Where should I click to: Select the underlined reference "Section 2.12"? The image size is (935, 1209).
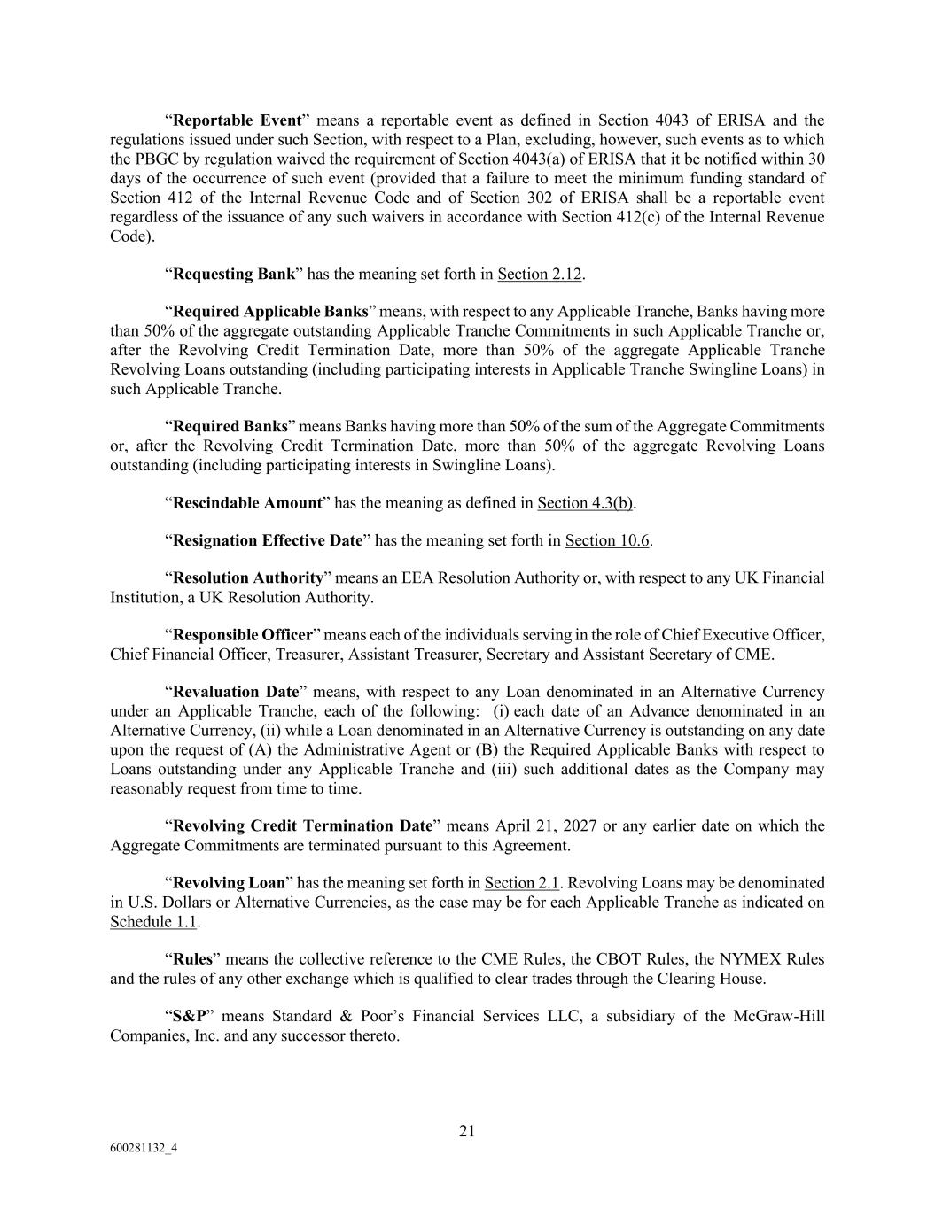(539, 274)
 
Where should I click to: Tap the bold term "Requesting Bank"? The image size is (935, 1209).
(233, 274)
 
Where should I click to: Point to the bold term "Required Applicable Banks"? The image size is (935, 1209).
(269, 312)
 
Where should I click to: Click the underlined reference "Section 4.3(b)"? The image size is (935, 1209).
(585, 503)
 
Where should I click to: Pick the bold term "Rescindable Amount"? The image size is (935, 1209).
(246, 503)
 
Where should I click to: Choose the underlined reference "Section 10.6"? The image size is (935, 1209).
(607, 540)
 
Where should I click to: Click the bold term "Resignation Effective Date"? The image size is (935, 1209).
(268, 540)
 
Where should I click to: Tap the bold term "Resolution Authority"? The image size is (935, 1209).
(248, 578)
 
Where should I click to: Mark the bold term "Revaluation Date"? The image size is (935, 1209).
(236, 692)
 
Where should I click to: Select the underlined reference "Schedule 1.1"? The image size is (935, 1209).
(153, 922)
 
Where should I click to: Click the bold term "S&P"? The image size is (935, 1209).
(189, 1016)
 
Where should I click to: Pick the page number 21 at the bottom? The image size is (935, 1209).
(467, 1131)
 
